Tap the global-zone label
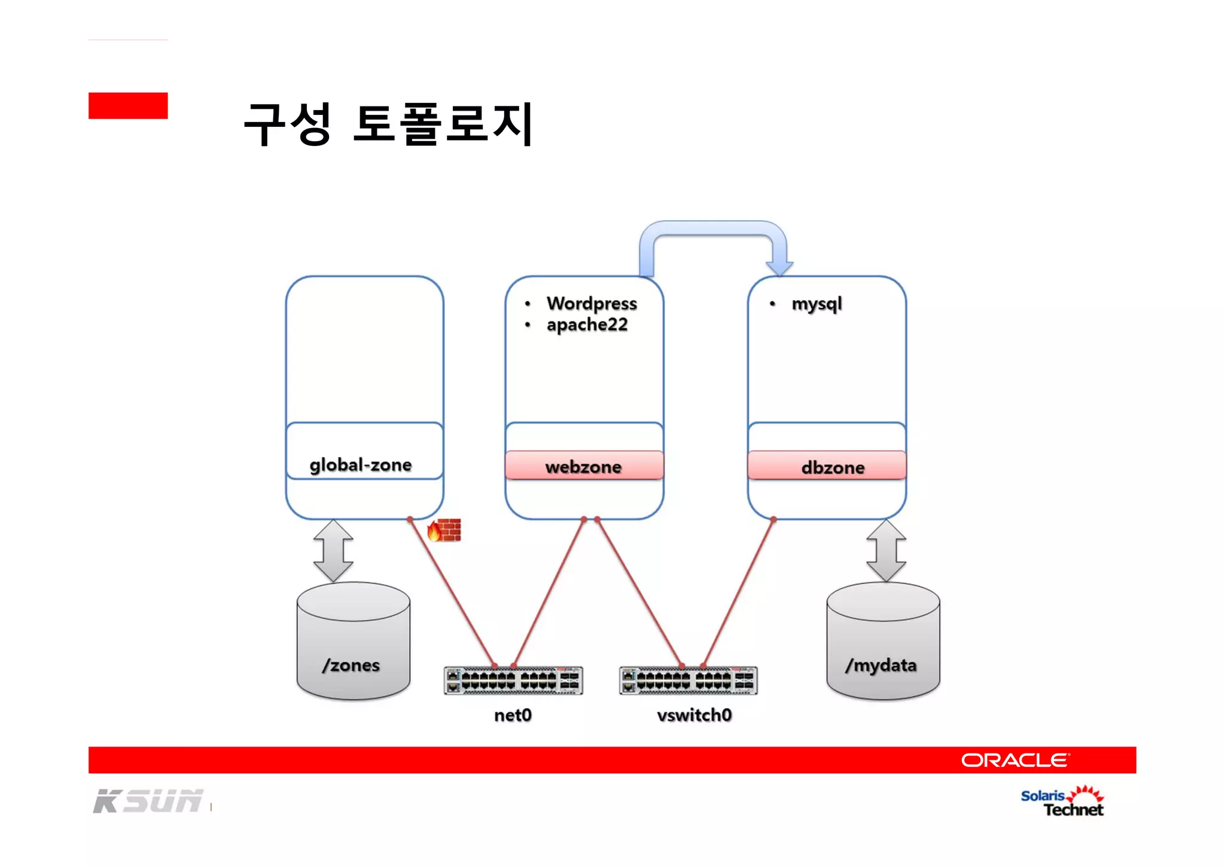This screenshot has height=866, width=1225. pos(361,465)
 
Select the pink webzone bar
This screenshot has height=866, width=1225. pos(584,466)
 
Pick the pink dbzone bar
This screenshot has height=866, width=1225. pos(827,466)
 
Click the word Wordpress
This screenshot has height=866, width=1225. pos(592,303)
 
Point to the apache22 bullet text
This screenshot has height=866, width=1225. pos(587,325)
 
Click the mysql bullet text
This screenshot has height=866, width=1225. pos(816,304)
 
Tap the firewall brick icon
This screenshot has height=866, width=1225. pos(445,530)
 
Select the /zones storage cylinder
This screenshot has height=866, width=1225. pos(353,641)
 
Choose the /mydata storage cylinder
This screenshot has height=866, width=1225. pos(883,641)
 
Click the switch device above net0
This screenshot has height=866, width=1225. pos(513,681)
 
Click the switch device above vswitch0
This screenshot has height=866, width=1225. pos(688,681)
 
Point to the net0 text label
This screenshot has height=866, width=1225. pos(513,715)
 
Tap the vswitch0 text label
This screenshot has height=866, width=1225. pos(694,715)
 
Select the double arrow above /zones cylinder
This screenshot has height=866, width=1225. pos(333,551)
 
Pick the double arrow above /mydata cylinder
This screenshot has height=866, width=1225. pos(886,551)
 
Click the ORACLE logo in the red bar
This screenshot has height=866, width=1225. pos(1014,760)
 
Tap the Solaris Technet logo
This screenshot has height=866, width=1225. pos(1062,802)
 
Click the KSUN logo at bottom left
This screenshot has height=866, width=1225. pos(148,801)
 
